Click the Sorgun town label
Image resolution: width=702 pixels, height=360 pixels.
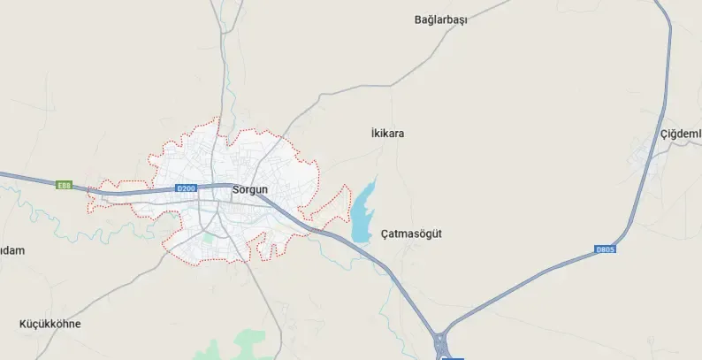coord(249,190)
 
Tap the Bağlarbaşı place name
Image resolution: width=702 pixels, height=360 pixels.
coord(440,20)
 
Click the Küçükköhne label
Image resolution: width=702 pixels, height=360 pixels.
coord(50,324)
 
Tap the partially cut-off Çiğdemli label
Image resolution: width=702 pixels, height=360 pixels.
coord(681,134)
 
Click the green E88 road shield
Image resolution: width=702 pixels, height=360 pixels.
coord(63,186)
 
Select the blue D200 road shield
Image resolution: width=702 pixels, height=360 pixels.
coord(185,188)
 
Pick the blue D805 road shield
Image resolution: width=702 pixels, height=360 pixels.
coord(605,250)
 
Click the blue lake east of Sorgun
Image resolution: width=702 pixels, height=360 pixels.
coord(362,213)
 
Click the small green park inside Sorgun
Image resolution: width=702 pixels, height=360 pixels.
coord(209,236)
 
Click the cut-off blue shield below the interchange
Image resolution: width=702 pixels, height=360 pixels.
coord(452,357)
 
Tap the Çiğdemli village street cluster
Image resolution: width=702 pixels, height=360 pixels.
coord(646,157)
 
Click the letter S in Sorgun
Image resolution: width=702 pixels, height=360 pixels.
coord(235,190)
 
